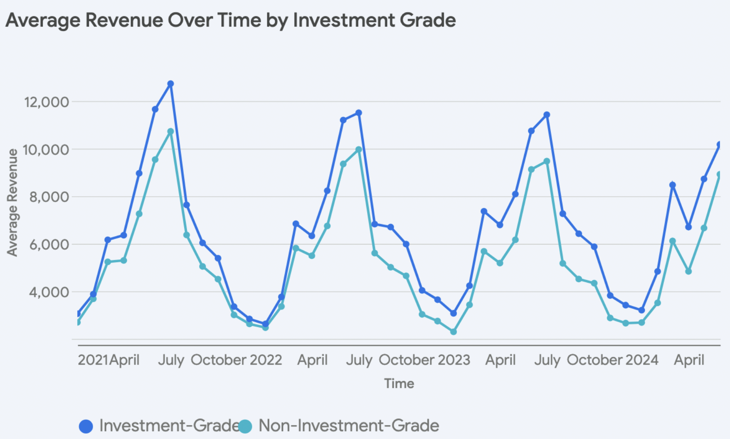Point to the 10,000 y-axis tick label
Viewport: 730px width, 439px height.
coord(46,150)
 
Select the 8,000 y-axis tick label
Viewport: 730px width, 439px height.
coord(49,197)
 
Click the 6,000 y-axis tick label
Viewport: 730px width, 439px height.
coord(49,244)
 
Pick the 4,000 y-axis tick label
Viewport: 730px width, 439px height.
coord(49,292)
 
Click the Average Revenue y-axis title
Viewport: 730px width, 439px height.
coord(12,202)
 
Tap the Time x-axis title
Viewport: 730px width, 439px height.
coord(399,383)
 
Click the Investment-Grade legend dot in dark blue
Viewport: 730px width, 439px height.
coord(86,426)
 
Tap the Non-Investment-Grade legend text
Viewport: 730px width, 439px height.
coord(348,426)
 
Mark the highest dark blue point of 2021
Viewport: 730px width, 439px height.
coord(170,84)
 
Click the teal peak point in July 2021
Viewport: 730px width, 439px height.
coord(170,132)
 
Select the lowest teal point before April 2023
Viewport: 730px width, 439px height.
coord(454,332)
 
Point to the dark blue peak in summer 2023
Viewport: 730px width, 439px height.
coord(547,115)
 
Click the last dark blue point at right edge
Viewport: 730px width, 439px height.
coord(720,145)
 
